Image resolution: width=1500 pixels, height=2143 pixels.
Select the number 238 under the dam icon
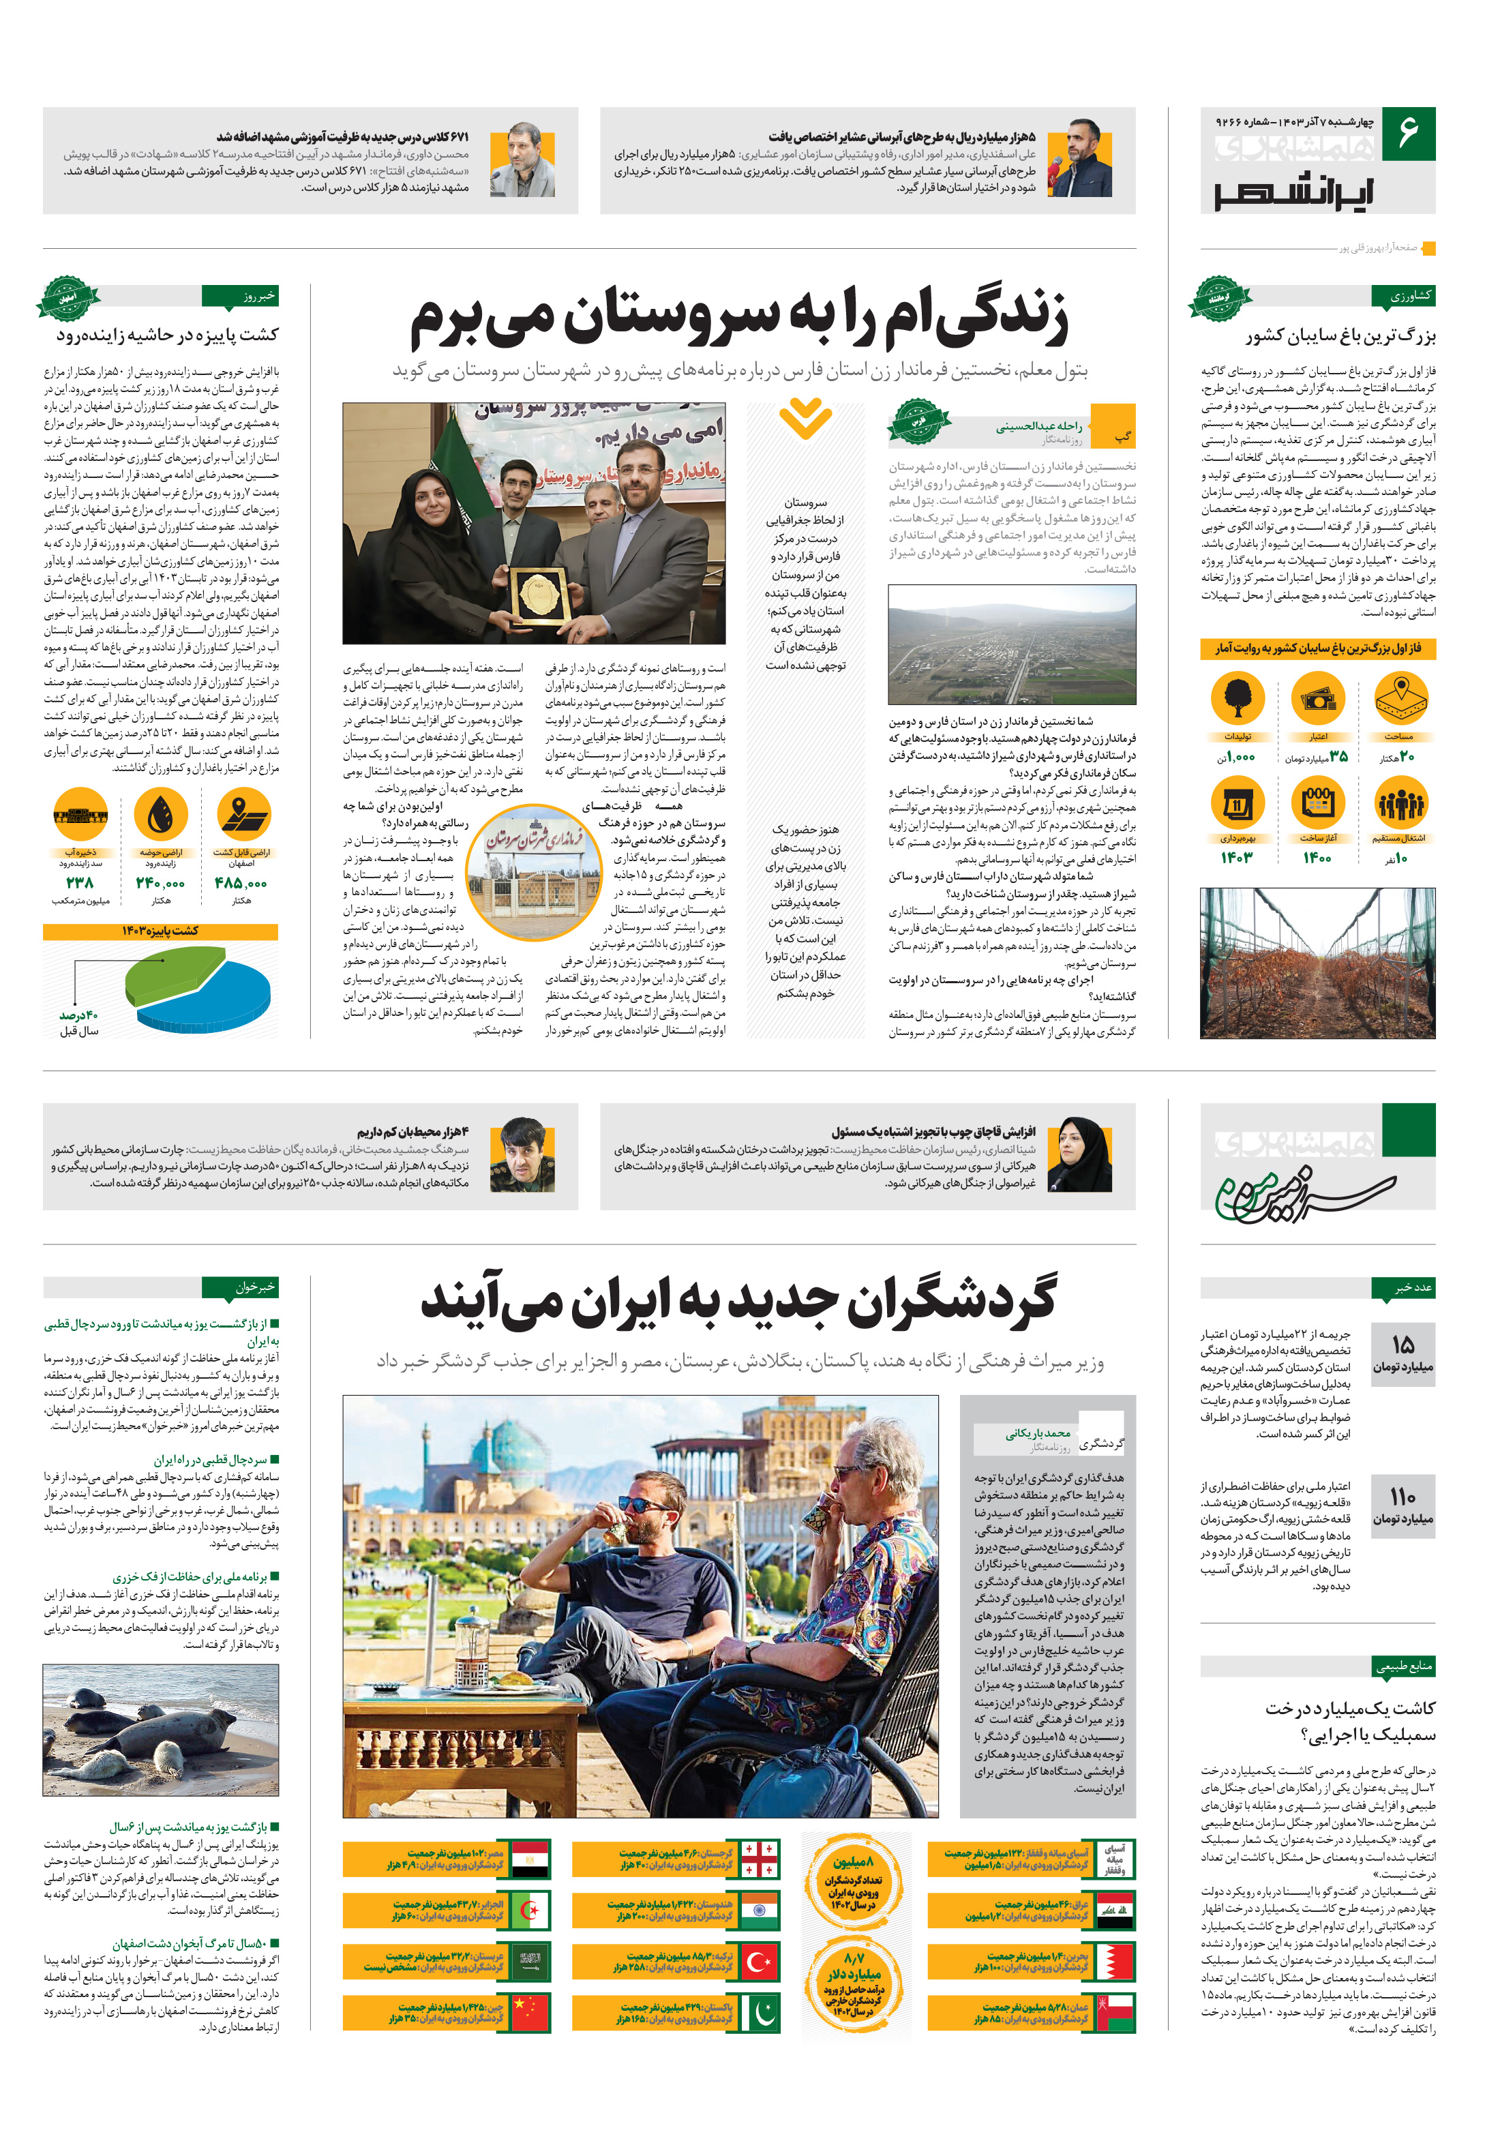(80, 883)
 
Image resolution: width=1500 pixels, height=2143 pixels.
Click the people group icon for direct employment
(1400, 803)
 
